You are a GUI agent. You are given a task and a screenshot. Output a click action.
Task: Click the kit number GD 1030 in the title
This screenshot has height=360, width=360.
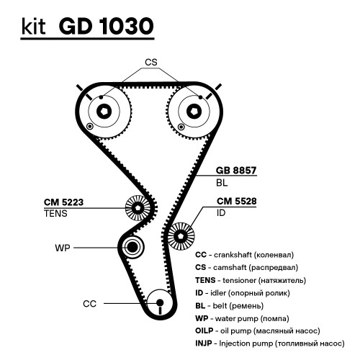(106, 26)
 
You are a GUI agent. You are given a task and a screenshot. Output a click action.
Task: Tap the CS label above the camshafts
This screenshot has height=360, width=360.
(151, 62)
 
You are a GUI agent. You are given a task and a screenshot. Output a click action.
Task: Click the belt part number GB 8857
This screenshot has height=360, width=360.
(236, 170)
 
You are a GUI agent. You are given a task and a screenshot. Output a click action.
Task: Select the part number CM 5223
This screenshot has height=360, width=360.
(63, 202)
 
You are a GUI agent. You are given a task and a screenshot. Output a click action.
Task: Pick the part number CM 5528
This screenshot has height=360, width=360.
(237, 201)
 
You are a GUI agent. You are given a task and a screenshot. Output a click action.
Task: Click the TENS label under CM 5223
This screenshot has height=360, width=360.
(55, 213)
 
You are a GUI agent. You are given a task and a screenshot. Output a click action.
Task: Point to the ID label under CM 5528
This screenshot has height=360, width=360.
(221, 212)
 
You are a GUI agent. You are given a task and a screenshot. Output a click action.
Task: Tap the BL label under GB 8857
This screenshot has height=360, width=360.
(222, 183)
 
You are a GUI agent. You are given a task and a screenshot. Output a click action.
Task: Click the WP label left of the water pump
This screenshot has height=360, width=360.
(63, 248)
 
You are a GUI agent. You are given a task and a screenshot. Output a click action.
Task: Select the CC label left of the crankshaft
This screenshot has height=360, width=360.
(89, 304)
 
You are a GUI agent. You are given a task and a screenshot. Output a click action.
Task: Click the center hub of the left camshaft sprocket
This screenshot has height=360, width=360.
(104, 111)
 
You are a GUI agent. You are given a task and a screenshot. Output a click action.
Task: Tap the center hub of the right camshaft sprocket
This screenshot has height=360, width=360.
(194, 111)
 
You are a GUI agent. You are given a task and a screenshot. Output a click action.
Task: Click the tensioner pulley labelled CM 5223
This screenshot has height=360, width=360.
(138, 208)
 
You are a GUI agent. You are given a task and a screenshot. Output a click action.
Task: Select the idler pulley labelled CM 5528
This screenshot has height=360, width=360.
(181, 236)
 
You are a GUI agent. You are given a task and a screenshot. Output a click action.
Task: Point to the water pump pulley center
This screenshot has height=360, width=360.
(132, 247)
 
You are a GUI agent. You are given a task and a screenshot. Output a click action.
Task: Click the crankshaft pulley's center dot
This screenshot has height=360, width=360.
(160, 302)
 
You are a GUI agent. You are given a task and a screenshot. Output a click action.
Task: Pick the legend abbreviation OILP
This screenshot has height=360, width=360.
(204, 330)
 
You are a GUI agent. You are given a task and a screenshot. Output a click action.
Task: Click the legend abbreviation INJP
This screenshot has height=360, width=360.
(204, 343)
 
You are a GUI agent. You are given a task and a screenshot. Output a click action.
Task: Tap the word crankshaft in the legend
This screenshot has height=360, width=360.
(233, 255)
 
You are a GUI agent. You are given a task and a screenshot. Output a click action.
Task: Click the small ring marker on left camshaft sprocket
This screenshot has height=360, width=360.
(89, 126)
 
